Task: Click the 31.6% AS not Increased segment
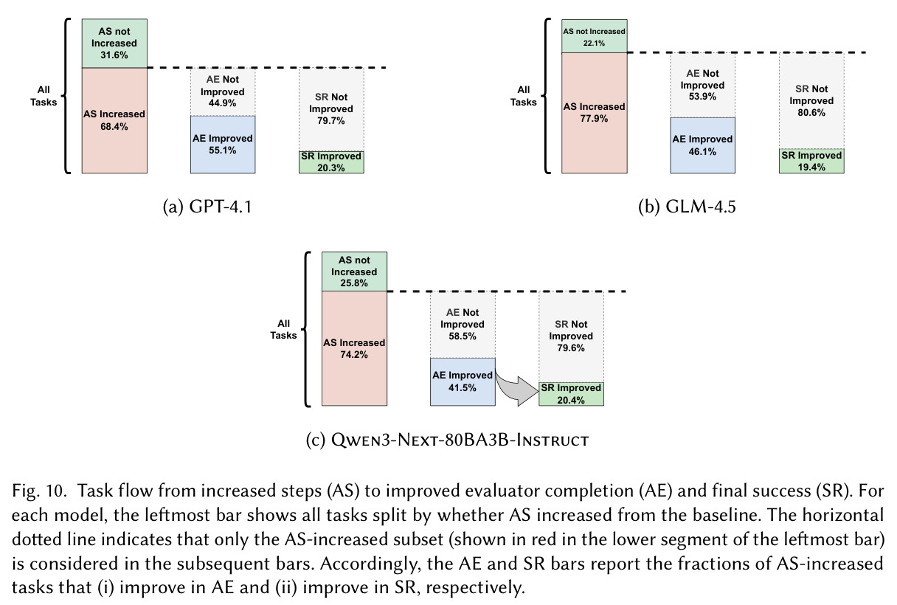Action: pyautogui.click(x=114, y=44)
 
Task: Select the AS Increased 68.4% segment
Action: pyautogui.click(x=114, y=120)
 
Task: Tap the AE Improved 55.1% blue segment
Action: pyautogui.click(x=223, y=145)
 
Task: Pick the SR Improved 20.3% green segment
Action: pyautogui.click(x=331, y=162)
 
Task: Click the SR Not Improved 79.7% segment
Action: pyautogui.click(x=331, y=109)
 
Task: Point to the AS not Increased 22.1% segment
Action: pyautogui.click(x=595, y=36)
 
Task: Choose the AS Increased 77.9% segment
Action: pyautogui.click(x=595, y=113)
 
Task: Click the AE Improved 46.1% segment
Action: pyautogui.click(x=703, y=145)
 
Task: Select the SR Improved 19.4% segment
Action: pyautogui.click(x=811, y=161)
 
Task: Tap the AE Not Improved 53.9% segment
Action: pyautogui.click(x=703, y=85)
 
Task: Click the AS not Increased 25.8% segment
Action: pyautogui.click(x=354, y=272)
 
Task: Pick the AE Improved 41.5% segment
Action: pyautogui.click(x=463, y=381)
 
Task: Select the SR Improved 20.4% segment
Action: pyautogui.click(x=571, y=394)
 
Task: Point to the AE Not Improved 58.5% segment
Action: pyautogui.click(x=463, y=325)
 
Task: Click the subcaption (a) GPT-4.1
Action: pyautogui.click(x=207, y=207)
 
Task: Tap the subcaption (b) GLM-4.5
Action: pyautogui.click(x=688, y=207)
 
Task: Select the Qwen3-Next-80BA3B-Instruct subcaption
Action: pyautogui.click(x=447, y=440)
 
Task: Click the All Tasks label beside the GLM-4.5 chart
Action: pyautogui.click(x=524, y=96)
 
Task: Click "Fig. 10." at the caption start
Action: pyautogui.click(x=39, y=491)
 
